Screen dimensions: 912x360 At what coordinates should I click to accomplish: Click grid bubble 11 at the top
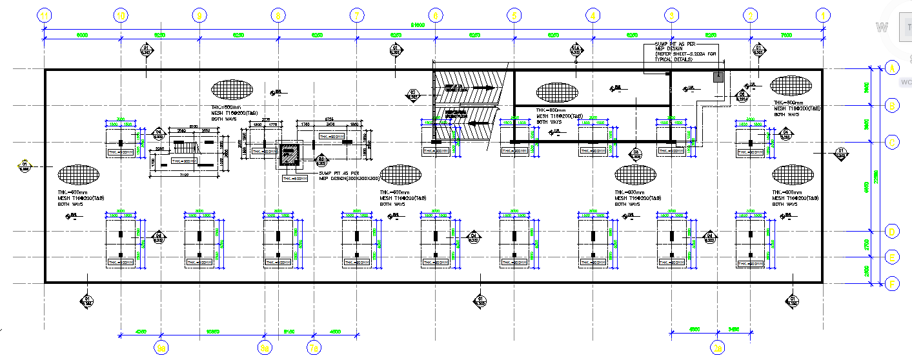[x=44, y=15]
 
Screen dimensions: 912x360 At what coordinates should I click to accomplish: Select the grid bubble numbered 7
[x=356, y=15]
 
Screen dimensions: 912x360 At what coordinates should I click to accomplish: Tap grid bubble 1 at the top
[x=822, y=15]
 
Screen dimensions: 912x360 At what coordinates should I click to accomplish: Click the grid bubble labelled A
[x=893, y=68]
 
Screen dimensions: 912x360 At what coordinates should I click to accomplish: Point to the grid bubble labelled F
[x=893, y=283]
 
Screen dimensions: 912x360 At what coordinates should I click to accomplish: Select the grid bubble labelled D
[x=893, y=232]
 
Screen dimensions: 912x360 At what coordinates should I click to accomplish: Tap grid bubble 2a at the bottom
[x=718, y=348]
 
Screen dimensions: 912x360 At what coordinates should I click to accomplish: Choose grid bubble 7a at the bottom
[x=314, y=348]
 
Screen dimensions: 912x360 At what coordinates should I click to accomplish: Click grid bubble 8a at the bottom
[x=264, y=348]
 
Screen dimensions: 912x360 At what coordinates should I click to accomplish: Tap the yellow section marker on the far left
[x=25, y=166]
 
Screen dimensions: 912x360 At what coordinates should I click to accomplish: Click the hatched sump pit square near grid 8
[x=289, y=155]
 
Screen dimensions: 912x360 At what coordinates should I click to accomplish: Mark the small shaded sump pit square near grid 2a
[x=717, y=77]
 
